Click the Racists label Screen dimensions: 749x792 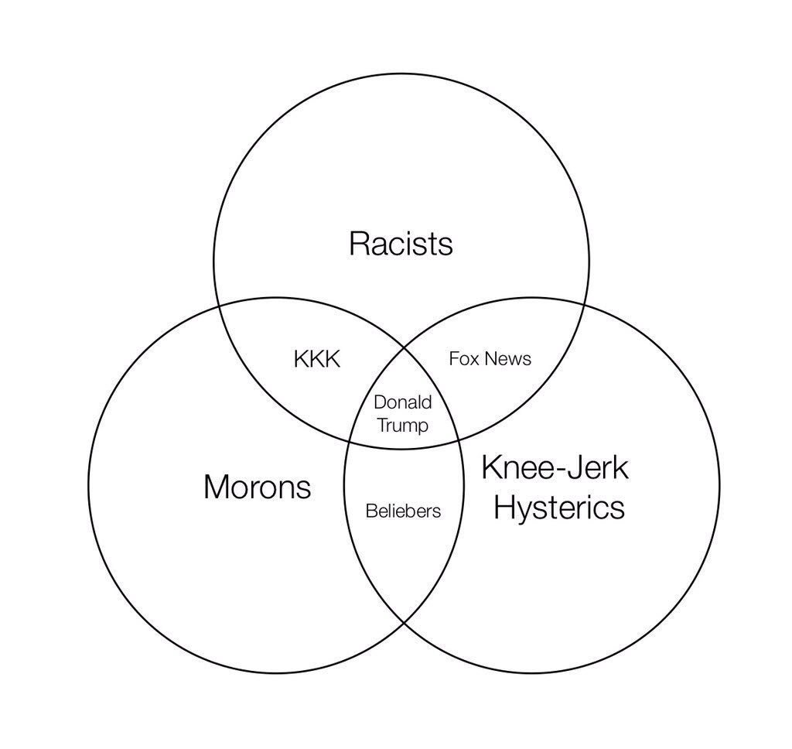coord(401,244)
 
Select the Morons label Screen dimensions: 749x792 coord(257,487)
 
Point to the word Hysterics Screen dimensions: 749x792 coord(558,508)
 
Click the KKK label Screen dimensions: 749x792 coord(317,359)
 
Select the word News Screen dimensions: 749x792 coord(508,358)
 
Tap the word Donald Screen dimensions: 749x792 coord(402,402)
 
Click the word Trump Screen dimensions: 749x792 coord(402,426)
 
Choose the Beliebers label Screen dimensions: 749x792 coord(403,511)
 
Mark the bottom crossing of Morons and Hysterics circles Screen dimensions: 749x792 coord(404,624)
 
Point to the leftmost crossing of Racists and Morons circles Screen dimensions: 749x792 coord(220,304)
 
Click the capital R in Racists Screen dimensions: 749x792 coord(358,244)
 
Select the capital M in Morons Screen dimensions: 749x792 coord(216,487)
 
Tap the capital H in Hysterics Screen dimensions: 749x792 coord(504,508)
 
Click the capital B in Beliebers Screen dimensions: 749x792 coord(370,511)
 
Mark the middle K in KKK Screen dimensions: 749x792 coord(317,359)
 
